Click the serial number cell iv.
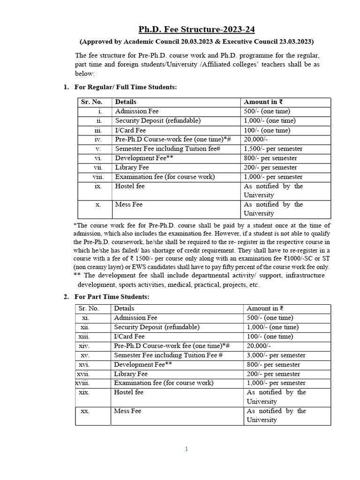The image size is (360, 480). pyautogui.click(x=98, y=139)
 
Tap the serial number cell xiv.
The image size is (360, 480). pyautogui.click(x=85, y=346)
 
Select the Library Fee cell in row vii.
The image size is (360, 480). pyautogui.click(x=132, y=167)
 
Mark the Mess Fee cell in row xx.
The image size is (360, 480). pyautogui.click(x=127, y=411)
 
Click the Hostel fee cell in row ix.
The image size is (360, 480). pyautogui.click(x=130, y=186)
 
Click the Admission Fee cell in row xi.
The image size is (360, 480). pyautogui.click(x=136, y=318)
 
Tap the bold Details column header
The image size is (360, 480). pyautogui.click(x=126, y=102)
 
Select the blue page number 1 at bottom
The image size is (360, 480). pyautogui.click(x=186, y=449)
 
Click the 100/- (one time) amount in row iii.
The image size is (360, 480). pyautogui.click(x=267, y=130)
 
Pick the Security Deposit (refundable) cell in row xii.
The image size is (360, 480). pyautogui.click(x=157, y=327)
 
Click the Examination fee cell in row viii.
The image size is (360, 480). pyautogui.click(x=165, y=177)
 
